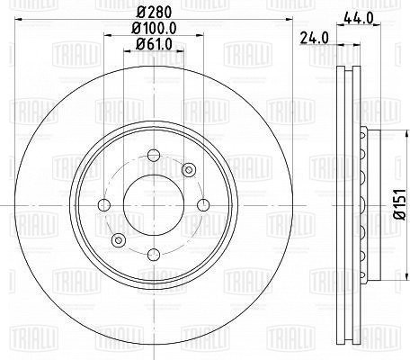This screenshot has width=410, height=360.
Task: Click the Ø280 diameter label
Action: [x=151, y=12]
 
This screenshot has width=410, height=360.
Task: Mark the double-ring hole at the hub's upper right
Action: [x=188, y=170]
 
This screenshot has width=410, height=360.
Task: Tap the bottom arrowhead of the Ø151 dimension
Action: [x=383, y=276]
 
